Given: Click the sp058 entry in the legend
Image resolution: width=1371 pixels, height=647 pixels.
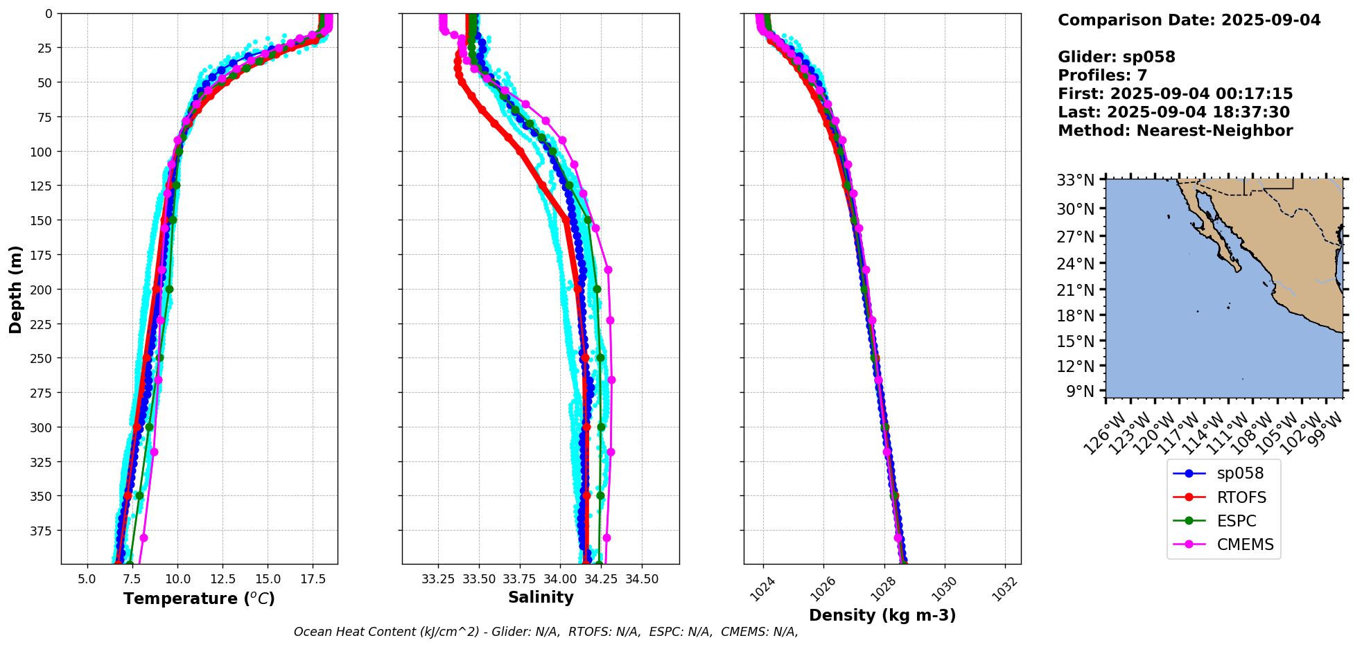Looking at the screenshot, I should coord(1240,474).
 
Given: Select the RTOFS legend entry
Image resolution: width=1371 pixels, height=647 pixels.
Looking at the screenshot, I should coord(1241,497).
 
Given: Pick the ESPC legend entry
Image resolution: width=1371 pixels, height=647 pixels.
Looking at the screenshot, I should coord(1237,521).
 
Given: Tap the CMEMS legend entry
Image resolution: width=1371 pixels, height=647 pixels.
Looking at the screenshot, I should coord(1245,544).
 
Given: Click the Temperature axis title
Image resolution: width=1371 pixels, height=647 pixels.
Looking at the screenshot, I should coord(199,599).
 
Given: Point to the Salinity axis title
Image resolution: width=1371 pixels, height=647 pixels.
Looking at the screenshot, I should coord(541,597).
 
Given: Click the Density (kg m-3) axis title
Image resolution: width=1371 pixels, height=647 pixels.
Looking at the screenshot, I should coord(882,615).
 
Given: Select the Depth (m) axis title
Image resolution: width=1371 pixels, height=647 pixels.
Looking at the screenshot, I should coord(15,289).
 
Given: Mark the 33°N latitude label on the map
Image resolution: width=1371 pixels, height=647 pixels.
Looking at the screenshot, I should coord(1075,181).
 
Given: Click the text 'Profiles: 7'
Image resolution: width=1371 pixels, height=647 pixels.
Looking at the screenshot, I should coord(1102,76).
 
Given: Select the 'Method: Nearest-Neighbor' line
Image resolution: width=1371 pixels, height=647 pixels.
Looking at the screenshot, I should coord(1175,131).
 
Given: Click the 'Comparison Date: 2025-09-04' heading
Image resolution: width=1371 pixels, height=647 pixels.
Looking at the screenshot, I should coord(1189,20).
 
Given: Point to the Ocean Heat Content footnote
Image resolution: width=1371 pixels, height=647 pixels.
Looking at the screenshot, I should coord(545,632).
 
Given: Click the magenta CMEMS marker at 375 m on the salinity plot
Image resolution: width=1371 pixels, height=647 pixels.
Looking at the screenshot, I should coord(606,538).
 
